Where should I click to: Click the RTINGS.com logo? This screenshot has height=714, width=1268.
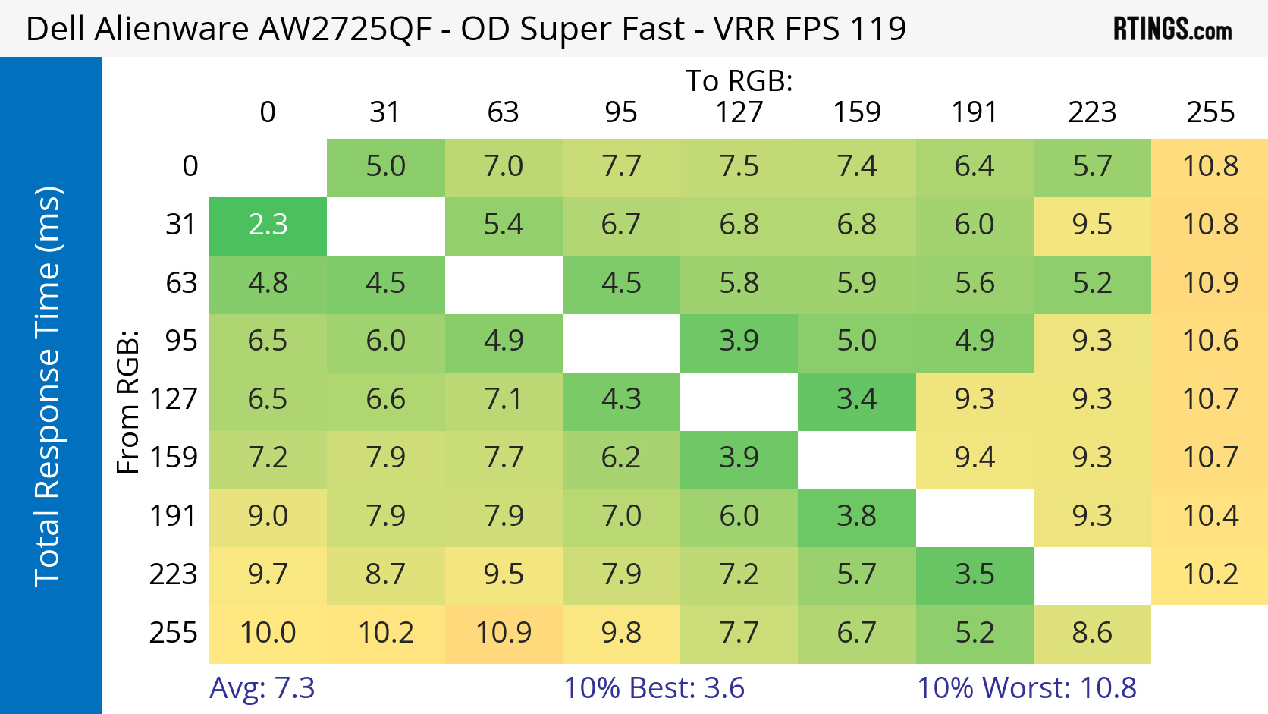(x=1172, y=30)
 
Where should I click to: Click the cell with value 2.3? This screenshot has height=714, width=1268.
(x=268, y=225)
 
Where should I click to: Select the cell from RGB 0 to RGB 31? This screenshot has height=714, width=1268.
(x=385, y=167)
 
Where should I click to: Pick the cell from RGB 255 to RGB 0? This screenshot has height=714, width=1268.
(x=268, y=634)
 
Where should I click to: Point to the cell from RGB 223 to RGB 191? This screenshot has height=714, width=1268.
(x=975, y=575)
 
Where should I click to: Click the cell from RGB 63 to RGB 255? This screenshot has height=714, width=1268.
(x=1210, y=284)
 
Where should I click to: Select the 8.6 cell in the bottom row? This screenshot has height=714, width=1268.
(x=1092, y=634)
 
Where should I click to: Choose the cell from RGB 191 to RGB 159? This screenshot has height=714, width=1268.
(x=857, y=517)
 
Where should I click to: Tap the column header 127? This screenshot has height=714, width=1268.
(x=739, y=113)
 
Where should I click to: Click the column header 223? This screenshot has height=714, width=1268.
(x=1092, y=113)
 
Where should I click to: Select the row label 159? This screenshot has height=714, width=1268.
(x=174, y=458)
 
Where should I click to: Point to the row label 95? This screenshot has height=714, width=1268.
(x=181, y=341)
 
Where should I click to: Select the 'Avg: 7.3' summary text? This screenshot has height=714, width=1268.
(x=262, y=688)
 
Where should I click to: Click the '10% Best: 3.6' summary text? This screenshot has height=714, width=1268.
(x=654, y=688)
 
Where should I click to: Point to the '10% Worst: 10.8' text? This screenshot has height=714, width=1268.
(x=1026, y=688)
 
